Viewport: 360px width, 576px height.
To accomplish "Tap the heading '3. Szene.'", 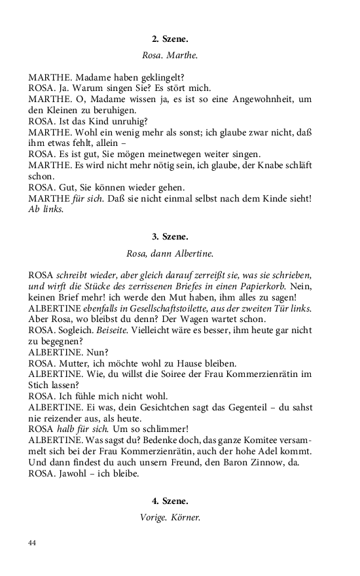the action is pyautogui.click(x=170, y=236).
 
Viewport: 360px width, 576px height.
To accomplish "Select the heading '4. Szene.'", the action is pyautogui.click(x=170, y=501).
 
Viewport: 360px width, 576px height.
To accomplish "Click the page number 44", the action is pyautogui.click(x=33, y=543).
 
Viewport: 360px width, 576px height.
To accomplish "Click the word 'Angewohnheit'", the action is pyautogui.click(x=262, y=99).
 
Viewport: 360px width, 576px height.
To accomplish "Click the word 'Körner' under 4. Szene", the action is pyautogui.click(x=185, y=517).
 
